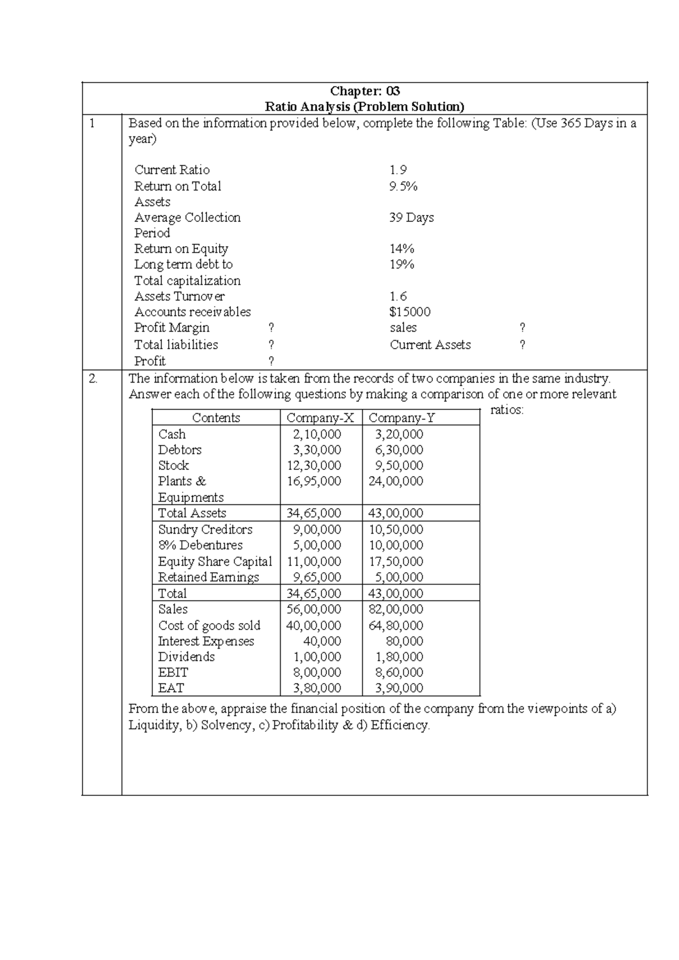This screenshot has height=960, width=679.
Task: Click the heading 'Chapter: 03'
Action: coord(365,91)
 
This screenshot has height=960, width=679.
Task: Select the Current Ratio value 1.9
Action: coord(398,170)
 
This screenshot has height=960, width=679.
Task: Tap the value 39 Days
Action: coord(411,217)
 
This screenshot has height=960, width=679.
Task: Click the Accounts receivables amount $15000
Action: coord(410,312)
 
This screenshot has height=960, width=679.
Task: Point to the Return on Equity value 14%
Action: coord(402,248)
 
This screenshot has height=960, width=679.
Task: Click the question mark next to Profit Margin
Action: coord(271,328)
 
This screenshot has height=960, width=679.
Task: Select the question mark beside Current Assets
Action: coord(522,345)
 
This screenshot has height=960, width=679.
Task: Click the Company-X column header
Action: coord(320,418)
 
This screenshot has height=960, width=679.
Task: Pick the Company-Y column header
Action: coord(402,418)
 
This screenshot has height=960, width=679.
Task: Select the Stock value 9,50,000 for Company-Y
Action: coord(399,465)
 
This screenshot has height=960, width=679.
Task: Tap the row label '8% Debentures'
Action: coord(200,545)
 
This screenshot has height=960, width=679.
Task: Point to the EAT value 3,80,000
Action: coord(316,688)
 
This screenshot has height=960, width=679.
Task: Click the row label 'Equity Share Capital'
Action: coord(215,562)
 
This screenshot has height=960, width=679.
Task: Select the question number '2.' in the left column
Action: coord(93,379)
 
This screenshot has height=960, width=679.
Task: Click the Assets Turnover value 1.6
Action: coord(398,296)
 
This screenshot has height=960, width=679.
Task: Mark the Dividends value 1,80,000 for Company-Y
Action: coord(399,657)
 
